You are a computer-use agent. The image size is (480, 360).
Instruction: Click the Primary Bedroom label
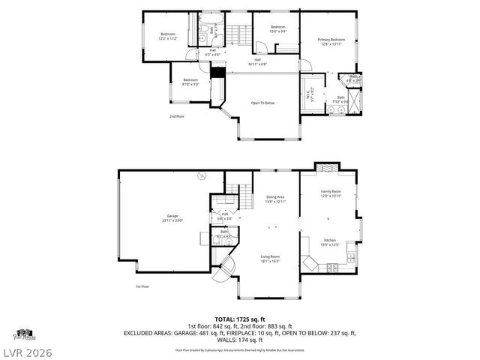[x=331, y=41]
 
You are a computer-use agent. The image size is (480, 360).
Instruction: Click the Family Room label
[x=331, y=193]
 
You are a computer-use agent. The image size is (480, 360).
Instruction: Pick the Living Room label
[x=270, y=259]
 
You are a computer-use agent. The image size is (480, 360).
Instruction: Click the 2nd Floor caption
[x=177, y=116]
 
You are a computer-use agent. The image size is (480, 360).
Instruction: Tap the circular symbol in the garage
[x=201, y=176]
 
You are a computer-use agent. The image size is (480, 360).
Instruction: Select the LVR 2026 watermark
[x=26, y=350]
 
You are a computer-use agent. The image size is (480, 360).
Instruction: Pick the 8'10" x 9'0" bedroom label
[x=190, y=82]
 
